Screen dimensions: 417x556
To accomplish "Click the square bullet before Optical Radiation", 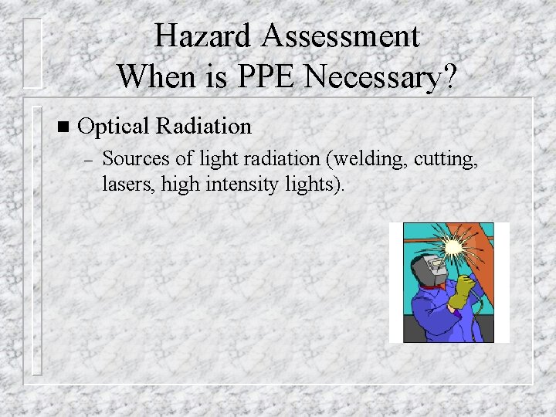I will (63, 126).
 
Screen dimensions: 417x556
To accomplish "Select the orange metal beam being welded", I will (483, 255).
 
